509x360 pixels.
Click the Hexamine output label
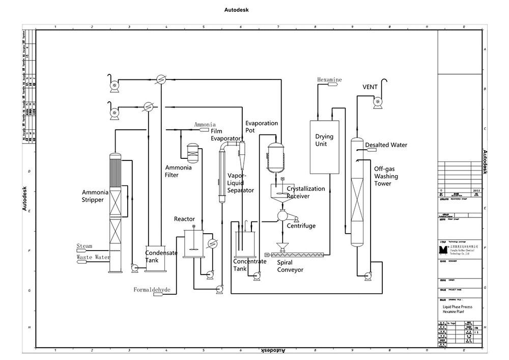(x=329, y=80)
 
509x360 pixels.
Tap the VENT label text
(x=370, y=87)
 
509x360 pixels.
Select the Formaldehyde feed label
(x=152, y=290)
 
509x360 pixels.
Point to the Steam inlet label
(x=84, y=246)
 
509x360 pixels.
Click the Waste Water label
(x=93, y=258)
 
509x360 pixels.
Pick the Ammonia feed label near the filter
(x=205, y=125)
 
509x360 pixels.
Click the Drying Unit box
(x=324, y=148)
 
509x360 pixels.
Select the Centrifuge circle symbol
(x=281, y=215)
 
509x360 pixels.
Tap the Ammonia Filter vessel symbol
(x=192, y=150)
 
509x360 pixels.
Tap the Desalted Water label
(x=386, y=145)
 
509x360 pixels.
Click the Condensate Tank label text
(x=161, y=257)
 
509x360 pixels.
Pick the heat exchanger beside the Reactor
(x=212, y=243)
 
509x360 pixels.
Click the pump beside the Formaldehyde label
(x=220, y=289)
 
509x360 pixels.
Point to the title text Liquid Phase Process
(x=457, y=307)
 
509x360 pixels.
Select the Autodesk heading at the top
(x=236, y=10)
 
